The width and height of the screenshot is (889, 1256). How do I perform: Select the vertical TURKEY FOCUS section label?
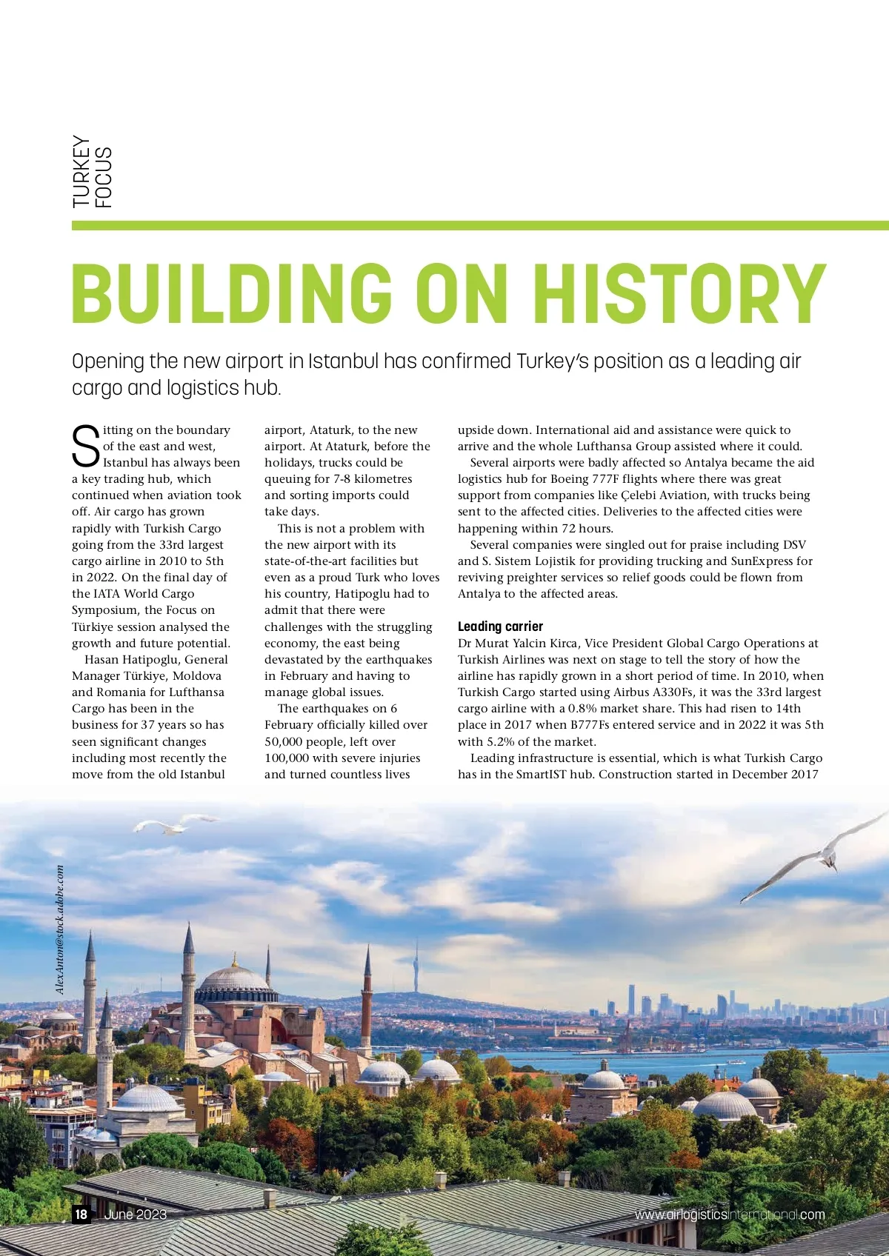(x=92, y=172)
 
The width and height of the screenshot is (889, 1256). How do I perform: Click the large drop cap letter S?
(x=85, y=447)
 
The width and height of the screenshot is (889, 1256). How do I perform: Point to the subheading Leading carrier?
(x=500, y=627)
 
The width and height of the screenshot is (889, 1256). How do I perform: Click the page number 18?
(x=81, y=1214)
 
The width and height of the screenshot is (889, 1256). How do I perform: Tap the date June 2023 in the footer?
(x=136, y=1214)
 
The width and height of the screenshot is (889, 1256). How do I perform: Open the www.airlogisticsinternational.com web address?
(x=729, y=1215)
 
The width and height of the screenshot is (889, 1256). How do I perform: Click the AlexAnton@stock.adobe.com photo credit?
(x=60, y=929)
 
